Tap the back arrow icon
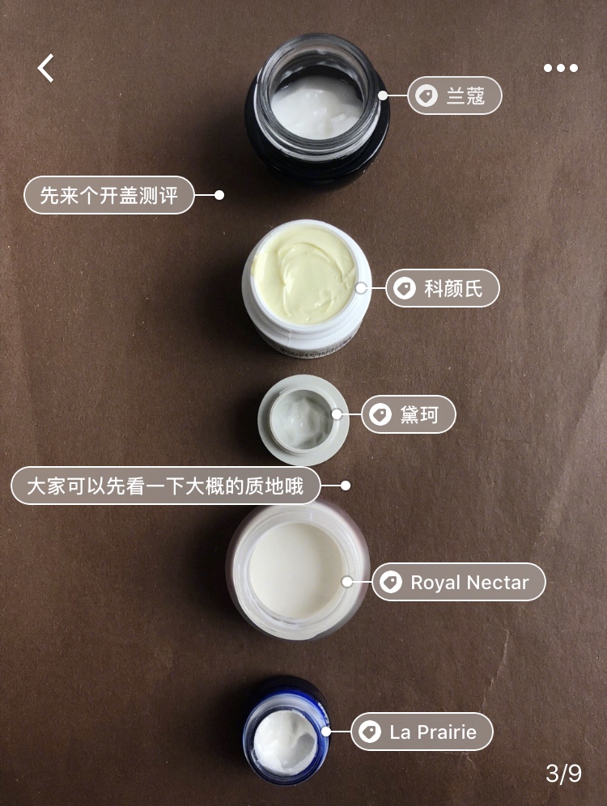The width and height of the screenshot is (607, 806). (46, 68)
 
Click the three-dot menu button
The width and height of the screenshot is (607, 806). (560, 68)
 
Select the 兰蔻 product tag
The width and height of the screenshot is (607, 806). (455, 97)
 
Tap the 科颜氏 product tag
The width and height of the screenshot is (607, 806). (442, 288)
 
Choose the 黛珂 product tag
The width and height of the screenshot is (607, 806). (409, 415)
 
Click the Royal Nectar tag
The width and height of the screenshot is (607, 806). (459, 582)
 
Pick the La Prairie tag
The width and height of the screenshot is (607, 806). (422, 732)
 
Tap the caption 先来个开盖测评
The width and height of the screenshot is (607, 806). (108, 195)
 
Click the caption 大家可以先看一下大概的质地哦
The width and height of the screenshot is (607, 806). (165, 486)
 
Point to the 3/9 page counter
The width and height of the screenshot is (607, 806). (563, 774)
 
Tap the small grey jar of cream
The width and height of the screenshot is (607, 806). (303, 419)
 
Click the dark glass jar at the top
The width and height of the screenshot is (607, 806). (316, 106)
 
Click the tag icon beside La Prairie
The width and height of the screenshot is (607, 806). (369, 732)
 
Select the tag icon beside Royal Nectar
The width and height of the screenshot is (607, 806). (390, 582)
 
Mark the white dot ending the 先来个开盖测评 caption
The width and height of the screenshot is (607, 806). (219, 195)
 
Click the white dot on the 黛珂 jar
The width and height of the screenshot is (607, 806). (336, 414)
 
